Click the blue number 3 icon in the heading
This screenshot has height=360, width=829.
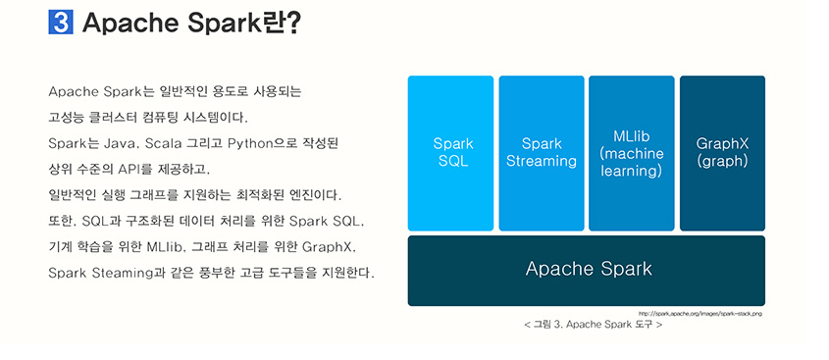[x=60, y=23]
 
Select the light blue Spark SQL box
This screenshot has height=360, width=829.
[x=451, y=153]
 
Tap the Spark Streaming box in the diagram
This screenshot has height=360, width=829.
[x=542, y=153]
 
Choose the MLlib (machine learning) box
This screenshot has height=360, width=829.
[x=632, y=153]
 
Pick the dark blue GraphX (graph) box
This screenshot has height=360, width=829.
[x=722, y=153]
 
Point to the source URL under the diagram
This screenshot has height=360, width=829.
[x=699, y=313]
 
